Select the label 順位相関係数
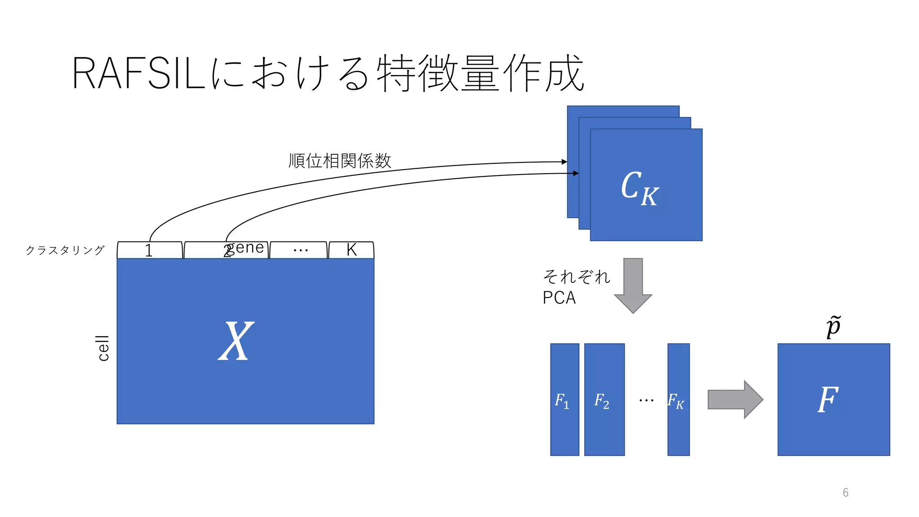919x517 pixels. (340, 161)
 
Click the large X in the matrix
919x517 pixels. (236, 342)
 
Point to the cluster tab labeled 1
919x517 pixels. (149, 250)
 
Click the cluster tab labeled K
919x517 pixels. (351, 250)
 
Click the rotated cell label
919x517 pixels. (103, 348)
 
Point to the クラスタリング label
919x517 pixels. (66, 250)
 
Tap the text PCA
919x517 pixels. (559, 298)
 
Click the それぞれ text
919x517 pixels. (577, 276)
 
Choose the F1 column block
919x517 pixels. (565, 400)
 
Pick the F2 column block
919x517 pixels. (604, 400)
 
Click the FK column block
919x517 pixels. (678, 400)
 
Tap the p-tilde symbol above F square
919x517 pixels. (833, 327)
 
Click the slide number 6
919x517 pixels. (845, 493)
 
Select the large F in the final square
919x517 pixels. (828, 399)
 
